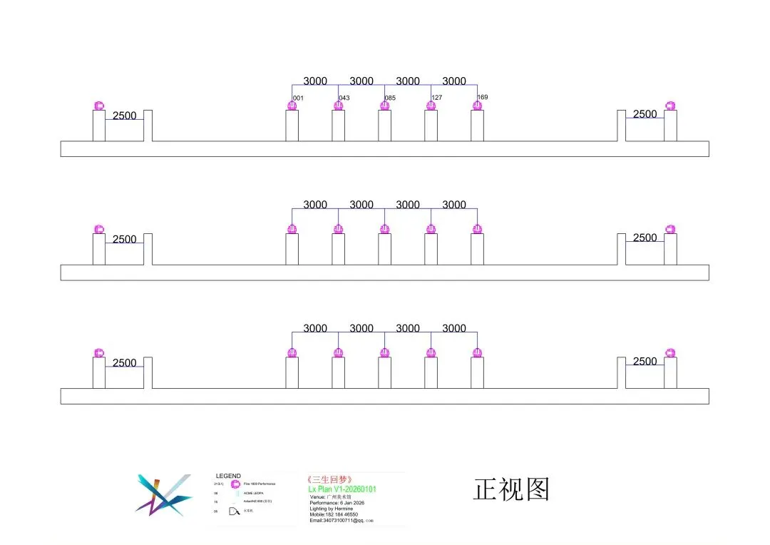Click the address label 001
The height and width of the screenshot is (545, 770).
[299, 98]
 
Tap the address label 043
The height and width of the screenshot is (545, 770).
[344, 98]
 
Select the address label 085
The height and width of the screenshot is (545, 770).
[390, 98]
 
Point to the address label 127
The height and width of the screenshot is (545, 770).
[436, 98]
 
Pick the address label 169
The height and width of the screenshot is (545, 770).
[483, 97]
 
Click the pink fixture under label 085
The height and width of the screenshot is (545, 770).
[384, 106]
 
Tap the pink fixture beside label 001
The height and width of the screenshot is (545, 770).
[292, 106]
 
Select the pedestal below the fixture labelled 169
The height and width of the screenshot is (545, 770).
[477, 126]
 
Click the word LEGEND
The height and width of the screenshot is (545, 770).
[228, 476]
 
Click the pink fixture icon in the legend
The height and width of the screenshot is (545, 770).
[235, 484]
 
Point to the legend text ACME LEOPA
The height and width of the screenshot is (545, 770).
[254, 493]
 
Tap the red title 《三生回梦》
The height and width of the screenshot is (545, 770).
[329, 480]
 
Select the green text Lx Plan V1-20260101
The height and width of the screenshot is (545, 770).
[342, 489]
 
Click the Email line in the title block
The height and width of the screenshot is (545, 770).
[342, 521]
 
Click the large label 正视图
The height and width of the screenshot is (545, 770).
[511, 489]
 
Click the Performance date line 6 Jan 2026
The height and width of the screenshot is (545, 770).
[337, 503]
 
